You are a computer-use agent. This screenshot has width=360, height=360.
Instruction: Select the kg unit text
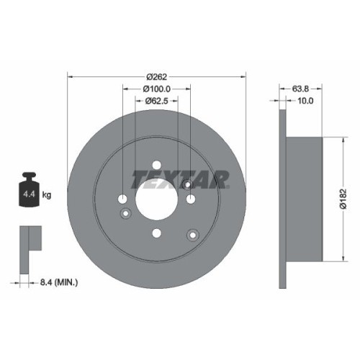[x=48, y=195]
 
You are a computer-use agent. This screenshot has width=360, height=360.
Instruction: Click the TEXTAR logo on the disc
[x=180, y=177]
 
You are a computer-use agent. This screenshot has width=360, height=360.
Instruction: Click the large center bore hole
[x=156, y=199]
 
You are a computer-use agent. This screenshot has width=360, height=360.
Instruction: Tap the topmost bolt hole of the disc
[x=156, y=166]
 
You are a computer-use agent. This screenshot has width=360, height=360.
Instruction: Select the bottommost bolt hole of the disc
[x=156, y=233]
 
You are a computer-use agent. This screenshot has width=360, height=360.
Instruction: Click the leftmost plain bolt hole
[x=123, y=199]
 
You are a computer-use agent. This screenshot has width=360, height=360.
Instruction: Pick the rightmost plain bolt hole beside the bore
[x=189, y=199]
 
